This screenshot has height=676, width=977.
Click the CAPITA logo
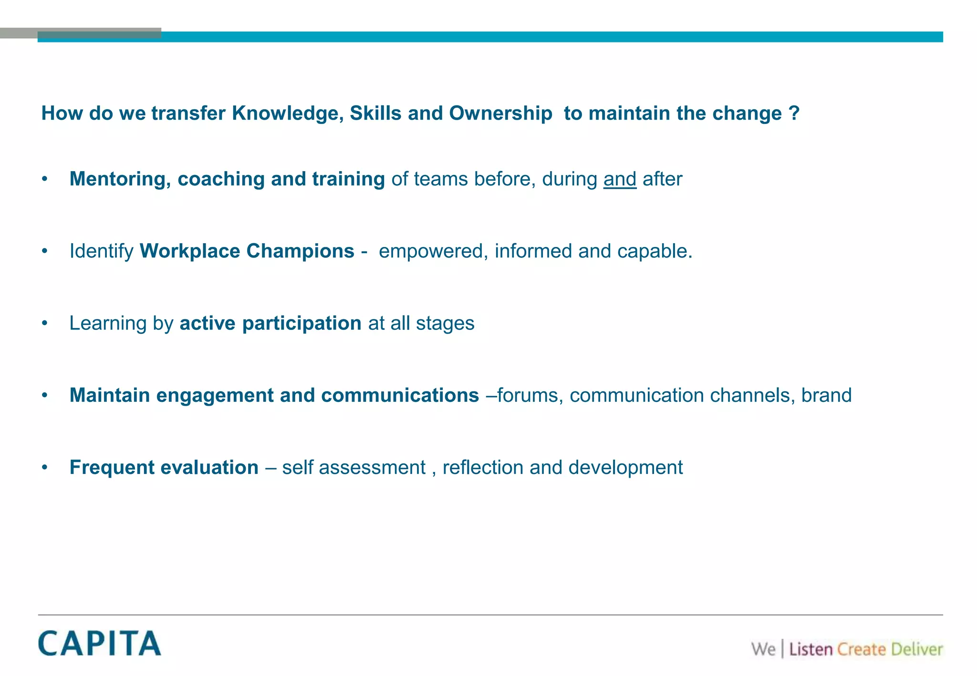[x=100, y=643]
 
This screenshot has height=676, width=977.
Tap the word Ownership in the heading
[x=500, y=113]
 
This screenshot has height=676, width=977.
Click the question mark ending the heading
[x=794, y=113]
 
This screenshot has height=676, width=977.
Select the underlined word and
[x=620, y=179]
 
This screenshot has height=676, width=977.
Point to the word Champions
[x=300, y=251]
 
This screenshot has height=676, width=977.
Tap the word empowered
[x=430, y=251]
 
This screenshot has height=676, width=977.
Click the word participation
[x=301, y=324]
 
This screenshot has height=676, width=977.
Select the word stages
[x=445, y=324]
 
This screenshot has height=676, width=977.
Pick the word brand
[x=826, y=396]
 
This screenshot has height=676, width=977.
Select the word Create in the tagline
[x=861, y=649]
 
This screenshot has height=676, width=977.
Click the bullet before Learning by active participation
[x=45, y=324]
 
